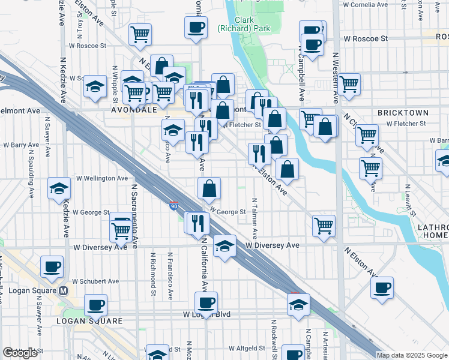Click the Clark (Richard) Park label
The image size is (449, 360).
click(x=252, y=24)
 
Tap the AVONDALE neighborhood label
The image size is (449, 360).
click(x=134, y=111)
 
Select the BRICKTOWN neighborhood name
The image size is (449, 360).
click(x=403, y=113)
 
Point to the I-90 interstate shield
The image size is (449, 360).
click(x=173, y=206)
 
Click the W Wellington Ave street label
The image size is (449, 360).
click(x=101, y=178)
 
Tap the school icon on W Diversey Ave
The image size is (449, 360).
click(x=224, y=246)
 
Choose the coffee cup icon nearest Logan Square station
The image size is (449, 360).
click(x=52, y=266)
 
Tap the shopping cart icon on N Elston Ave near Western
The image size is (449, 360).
click(x=324, y=226)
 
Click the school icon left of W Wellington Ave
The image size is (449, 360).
click(x=59, y=190)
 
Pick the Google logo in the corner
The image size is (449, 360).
click(x=20, y=353)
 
